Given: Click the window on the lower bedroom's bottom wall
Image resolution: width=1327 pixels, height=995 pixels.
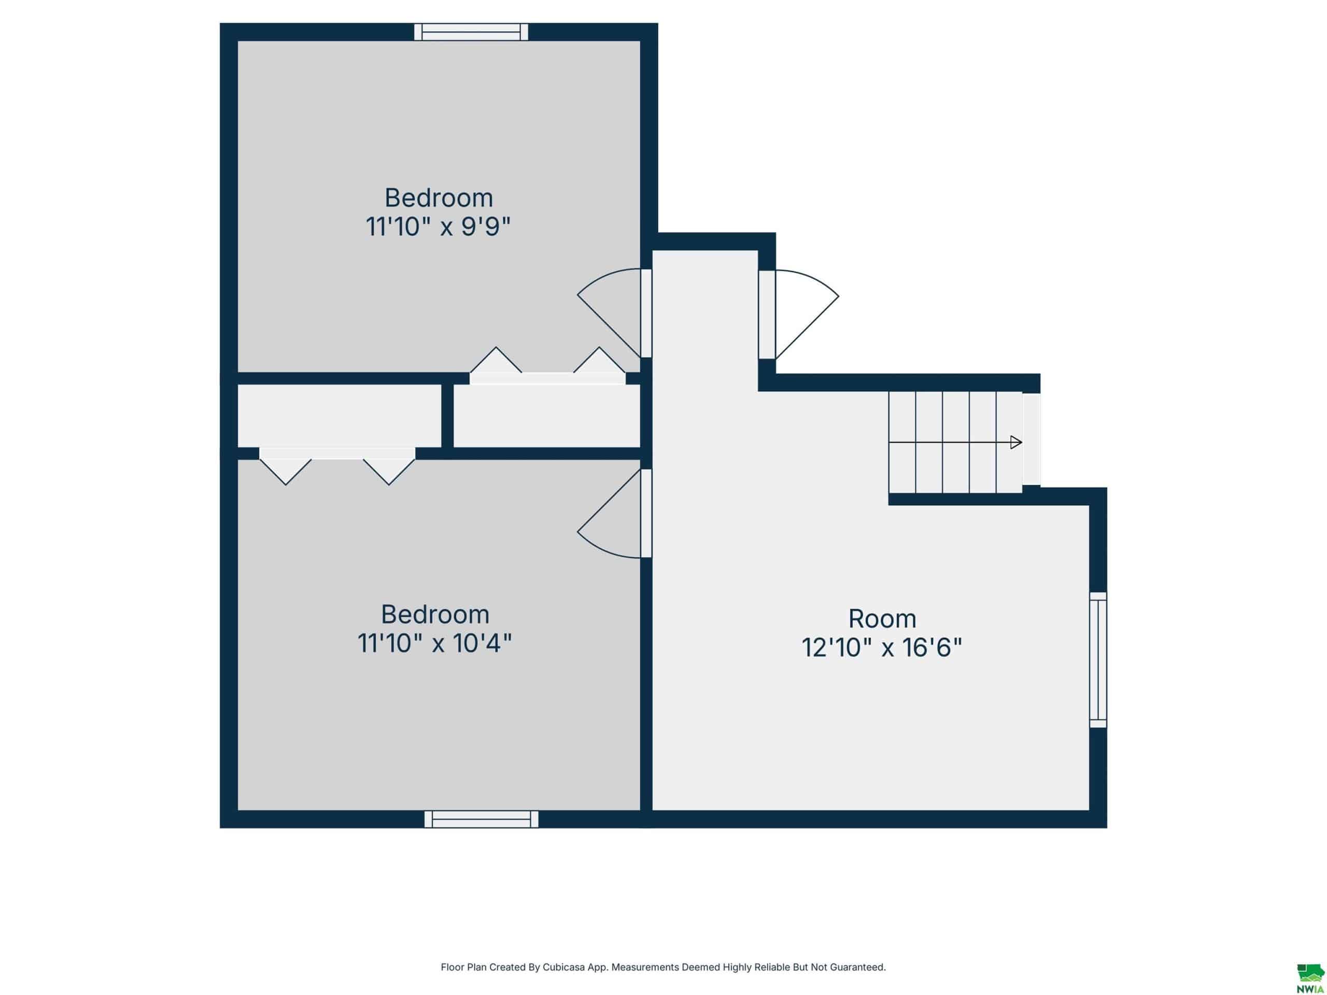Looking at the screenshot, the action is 481,819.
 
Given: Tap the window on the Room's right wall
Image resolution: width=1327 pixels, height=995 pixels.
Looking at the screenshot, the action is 1098,660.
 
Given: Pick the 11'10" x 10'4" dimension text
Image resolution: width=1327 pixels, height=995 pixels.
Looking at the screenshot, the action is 434,644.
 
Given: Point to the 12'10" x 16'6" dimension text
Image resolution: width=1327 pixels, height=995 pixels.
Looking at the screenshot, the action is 882,648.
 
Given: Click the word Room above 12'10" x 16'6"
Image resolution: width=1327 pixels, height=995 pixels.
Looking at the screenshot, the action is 882,618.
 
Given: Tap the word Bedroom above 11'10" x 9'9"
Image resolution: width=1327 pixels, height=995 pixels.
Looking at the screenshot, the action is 439,197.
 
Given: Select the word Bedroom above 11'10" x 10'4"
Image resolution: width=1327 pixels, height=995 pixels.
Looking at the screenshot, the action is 435,614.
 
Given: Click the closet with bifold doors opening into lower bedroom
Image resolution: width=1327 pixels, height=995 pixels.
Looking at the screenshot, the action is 340,416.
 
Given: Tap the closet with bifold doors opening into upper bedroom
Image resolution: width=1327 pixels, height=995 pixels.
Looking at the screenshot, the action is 546,416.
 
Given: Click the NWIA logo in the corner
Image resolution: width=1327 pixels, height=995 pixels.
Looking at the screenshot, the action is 1310,978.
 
